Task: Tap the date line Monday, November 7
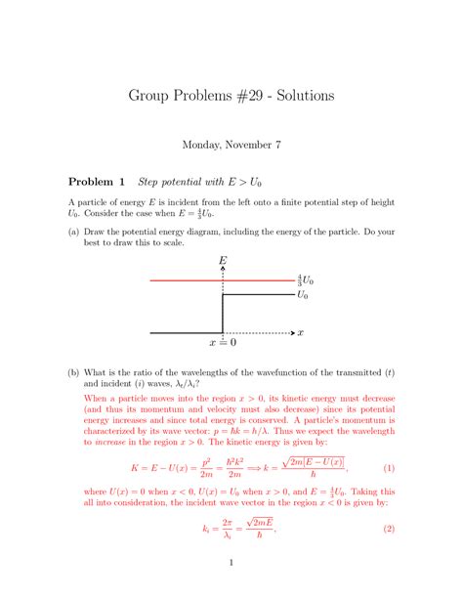coord(231,145)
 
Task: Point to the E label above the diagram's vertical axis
coord(224,261)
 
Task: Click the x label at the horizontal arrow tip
coord(301,332)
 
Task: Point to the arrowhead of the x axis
coord(290,332)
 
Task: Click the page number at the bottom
coord(231,562)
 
